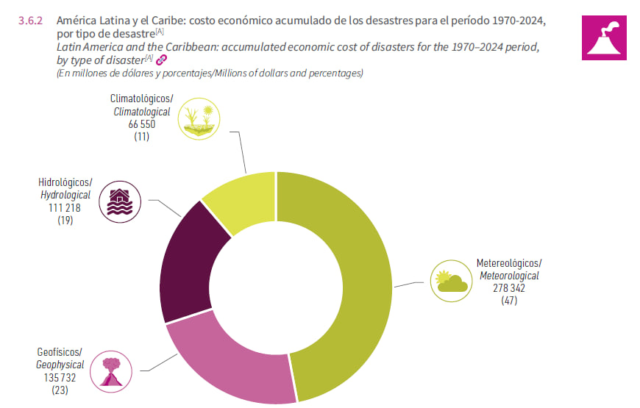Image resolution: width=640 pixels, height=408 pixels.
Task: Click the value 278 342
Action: pyautogui.click(x=508, y=288)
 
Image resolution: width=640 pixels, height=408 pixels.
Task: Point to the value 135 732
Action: pyautogui.click(x=60, y=377)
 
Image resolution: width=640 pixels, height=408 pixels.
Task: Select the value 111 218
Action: pyautogui.click(x=64, y=208)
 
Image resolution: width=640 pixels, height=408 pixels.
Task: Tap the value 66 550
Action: pyautogui.click(x=141, y=124)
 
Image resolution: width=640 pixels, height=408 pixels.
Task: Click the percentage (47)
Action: pyautogui.click(x=508, y=301)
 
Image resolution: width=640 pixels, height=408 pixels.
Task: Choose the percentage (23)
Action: pyautogui.click(x=60, y=390)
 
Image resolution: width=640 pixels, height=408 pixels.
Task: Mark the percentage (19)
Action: pyautogui.click(x=64, y=221)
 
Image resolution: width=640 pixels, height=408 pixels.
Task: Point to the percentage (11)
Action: pyautogui.click(x=141, y=137)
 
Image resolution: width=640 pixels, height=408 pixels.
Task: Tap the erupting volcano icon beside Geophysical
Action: pyautogui.click(x=112, y=372)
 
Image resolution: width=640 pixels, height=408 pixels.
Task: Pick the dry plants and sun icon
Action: pyautogui.click(x=199, y=118)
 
